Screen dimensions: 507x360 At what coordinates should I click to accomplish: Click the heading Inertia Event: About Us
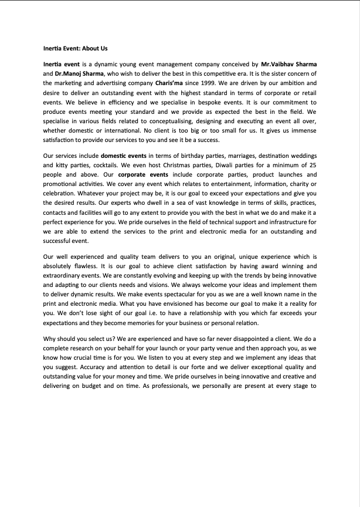(x=75, y=48)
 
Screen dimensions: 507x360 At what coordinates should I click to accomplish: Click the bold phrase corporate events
(x=140, y=174)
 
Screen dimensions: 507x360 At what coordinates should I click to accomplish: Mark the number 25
(x=313, y=165)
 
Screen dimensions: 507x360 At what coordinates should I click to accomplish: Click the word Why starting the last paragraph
(x=50, y=339)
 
